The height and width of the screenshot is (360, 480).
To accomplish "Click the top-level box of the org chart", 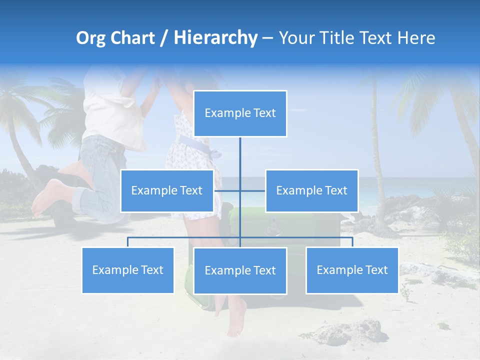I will coord(240,113).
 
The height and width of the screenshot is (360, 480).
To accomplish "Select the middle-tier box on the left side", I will coord(167,190).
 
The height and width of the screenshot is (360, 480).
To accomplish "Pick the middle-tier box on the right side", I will coord(311,190).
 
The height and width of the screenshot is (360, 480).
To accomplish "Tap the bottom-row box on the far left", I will coord(127,270).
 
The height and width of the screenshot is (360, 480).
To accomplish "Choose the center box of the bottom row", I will coord(240,270).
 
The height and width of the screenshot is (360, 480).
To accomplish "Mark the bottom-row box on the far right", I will coord(352,270).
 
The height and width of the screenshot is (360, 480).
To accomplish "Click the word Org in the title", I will coord(90,38).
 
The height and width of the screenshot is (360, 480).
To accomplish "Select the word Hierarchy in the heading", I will coord(215,38).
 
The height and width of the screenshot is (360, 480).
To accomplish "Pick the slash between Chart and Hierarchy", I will coord(163,38).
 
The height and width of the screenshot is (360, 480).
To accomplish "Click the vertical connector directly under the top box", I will coord(240,155).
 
